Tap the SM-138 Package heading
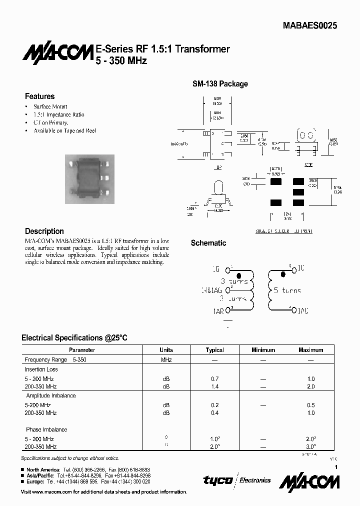(220, 84)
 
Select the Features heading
(40, 96)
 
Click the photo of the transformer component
(90, 178)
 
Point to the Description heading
(44, 231)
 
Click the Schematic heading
(208, 243)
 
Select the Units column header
(166, 350)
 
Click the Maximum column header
(310, 350)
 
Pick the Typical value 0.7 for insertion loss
(214, 378)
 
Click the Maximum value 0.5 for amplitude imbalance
(310, 405)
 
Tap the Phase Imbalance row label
(46, 429)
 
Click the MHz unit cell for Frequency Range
(166, 360)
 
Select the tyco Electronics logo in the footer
(236, 480)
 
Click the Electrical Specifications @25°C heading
(74, 338)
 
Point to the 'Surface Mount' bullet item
(50, 106)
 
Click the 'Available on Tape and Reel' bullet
(64, 130)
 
